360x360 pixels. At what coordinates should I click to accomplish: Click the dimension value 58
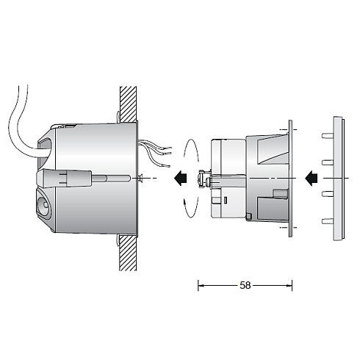click(245, 284)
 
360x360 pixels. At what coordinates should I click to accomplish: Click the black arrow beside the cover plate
click(311, 177)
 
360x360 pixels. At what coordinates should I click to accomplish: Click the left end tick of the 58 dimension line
click(198, 284)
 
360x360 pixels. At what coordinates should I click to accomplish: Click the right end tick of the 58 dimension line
click(292, 284)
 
